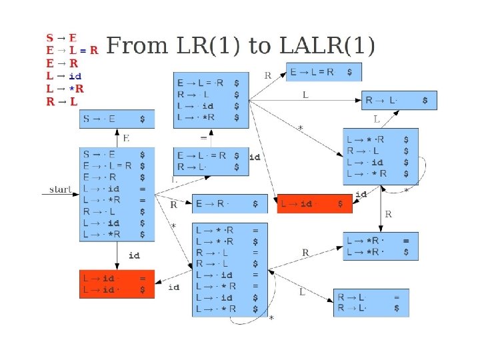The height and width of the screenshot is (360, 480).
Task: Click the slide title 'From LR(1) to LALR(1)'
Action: (241, 46)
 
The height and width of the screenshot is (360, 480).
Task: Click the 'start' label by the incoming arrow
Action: (60, 189)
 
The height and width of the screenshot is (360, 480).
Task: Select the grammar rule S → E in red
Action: (61, 37)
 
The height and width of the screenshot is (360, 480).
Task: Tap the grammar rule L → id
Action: (63, 76)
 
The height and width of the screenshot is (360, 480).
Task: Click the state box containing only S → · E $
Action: (117, 119)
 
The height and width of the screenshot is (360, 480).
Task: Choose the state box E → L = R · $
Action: (325, 72)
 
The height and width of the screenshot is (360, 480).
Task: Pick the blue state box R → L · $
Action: (399, 101)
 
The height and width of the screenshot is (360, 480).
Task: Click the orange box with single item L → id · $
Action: (314, 203)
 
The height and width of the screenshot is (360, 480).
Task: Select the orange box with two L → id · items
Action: (117, 283)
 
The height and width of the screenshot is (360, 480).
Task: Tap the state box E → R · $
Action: (229, 203)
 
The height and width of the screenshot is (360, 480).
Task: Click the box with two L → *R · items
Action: (380, 246)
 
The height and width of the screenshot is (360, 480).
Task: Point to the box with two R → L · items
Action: (371, 303)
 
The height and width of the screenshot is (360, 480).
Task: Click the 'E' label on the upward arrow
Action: (125, 138)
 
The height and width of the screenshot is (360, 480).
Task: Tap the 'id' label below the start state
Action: (133, 255)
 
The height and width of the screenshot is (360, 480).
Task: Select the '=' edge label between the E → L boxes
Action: (203, 138)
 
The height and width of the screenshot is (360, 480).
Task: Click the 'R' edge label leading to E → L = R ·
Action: (267, 75)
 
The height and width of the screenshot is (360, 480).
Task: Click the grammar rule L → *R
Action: (65, 89)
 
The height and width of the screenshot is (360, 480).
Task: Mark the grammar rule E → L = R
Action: (72, 50)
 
